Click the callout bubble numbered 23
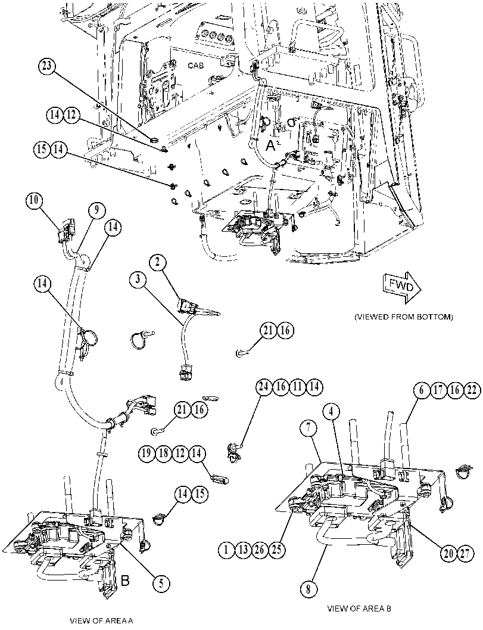point(47,66)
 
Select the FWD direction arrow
point(402,287)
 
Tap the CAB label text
point(197,65)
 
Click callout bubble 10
point(35,201)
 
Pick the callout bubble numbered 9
point(96,210)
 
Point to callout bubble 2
point(157,262)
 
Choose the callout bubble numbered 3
point(138,280)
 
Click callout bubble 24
point(264,387)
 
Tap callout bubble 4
point(331,412)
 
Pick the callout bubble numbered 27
point(465,554)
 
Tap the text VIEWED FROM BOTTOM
point(404,317)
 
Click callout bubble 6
point(422,390)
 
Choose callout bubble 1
point(227,550)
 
